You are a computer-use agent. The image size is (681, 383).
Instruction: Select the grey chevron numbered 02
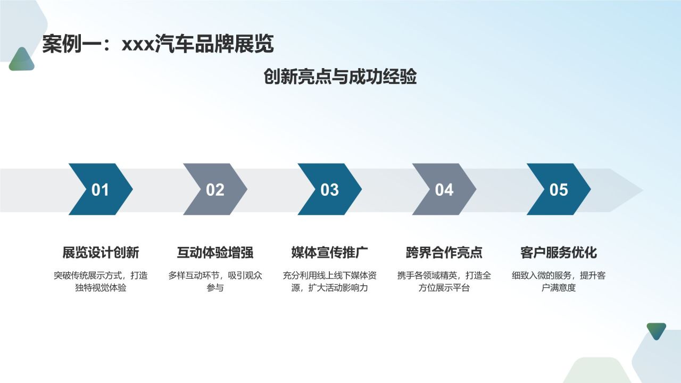click(x=215, y=189)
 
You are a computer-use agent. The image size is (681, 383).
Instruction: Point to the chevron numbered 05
click(x=559, y=189)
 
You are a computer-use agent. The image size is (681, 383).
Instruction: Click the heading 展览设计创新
click(x=101, y=252)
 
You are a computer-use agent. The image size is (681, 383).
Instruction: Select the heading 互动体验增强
click(x=215, y=252)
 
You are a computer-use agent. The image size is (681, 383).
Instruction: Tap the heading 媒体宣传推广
click(x=330, y=252)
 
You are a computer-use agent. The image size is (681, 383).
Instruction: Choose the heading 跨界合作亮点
click(x=444, y=252)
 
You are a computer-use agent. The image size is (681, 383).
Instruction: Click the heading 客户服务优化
click(x=559, y=252)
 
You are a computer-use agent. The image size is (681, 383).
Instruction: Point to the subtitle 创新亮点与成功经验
click(x=340, y=77)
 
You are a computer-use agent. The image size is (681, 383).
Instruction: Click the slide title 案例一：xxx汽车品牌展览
click(x=158, y=44)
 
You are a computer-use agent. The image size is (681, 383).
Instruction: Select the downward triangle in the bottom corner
click(x=656, y=330)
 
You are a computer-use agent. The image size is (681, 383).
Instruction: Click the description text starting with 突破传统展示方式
click(x=101, y=282)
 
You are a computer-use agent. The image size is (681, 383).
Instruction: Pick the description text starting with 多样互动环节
click(x=215, y=282)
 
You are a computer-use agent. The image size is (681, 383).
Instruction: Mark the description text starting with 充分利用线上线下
click(x=330, y=282)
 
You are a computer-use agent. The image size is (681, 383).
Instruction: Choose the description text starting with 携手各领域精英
click(x=444, y=282)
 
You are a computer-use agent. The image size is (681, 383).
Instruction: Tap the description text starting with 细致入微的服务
click(x=559, y=282)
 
